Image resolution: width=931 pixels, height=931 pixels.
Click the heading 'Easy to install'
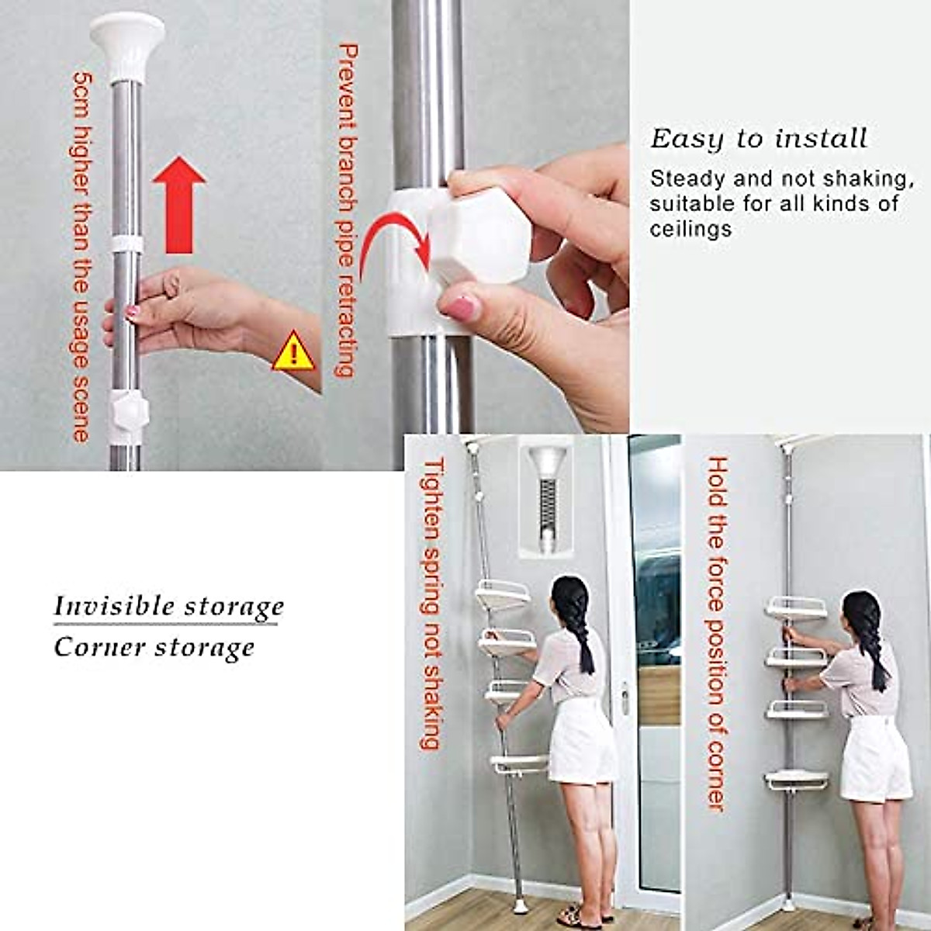(758, 139)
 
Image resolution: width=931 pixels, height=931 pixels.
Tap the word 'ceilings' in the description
(690, 230)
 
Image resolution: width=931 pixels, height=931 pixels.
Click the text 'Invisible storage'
(168, 606)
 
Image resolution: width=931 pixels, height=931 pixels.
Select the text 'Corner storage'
(154, 647)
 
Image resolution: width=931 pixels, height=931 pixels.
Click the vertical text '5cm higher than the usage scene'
(82, 256)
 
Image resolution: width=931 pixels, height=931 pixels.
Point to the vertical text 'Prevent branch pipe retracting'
(348, 209)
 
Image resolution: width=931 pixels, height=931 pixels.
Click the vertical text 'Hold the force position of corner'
(717, 632)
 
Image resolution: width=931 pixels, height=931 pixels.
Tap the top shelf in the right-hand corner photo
(796, 608)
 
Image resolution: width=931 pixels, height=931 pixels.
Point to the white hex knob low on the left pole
(126, 411)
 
